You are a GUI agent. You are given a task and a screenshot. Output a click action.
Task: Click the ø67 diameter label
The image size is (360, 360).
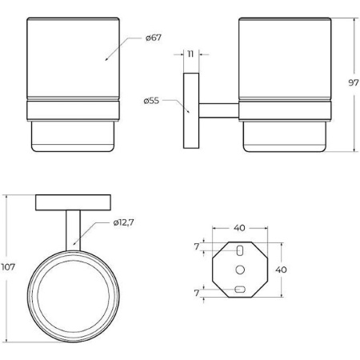tap(154, 38)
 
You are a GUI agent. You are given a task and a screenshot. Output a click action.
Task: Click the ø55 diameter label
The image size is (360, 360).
tap(151, 101)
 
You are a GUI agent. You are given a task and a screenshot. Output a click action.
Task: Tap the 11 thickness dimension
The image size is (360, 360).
tap(190, 54)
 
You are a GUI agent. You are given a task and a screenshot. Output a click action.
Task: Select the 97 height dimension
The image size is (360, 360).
tap(354, 83)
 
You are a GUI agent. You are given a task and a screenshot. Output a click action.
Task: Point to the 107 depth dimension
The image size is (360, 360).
tap(8, 266)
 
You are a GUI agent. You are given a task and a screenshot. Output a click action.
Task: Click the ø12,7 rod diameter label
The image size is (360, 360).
tap(123, 222)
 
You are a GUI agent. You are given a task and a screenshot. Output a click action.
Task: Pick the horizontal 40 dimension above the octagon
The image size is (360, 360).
tap(239, 228)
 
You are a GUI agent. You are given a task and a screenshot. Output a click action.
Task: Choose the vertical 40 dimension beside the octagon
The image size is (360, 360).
tap(281, 270)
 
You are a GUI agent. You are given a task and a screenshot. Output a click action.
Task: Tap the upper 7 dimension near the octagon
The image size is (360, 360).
tap(197, 247)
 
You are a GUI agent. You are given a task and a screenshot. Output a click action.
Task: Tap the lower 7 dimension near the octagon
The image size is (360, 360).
tap(197, 293)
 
